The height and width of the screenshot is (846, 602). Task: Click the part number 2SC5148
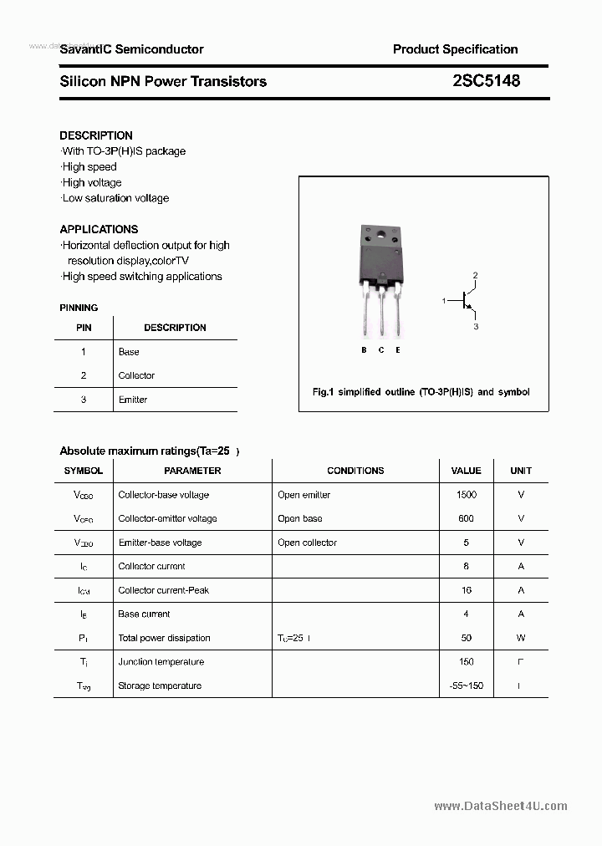click(x=486, y=81)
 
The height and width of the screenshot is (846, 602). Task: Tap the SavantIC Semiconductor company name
click(x=131, y=49)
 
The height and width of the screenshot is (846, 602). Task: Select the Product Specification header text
click(x=455, y=49)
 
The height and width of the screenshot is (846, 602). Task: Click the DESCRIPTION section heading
click(x=96, y=135)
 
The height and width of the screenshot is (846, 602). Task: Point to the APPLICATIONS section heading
click(x=99, y=229)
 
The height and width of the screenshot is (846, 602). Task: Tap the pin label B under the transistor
click(x=364, y=350)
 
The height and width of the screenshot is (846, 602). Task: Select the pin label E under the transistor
click(x=398, y=350)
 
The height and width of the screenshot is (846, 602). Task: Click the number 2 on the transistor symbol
click(x=475, y=275)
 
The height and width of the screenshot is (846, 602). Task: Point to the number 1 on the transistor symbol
click(x=444, y=300)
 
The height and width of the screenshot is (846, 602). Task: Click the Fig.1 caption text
click(x=421, y=392)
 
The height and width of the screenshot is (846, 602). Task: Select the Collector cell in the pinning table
click(x=136, y=376)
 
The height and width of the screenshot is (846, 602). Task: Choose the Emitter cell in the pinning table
click(x=133, y=400)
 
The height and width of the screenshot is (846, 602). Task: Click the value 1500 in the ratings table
click(x=467, y=495)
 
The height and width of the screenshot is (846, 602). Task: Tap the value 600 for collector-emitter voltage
click(x=466, y=518)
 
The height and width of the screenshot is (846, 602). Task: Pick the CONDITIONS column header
click(x=355, y=471)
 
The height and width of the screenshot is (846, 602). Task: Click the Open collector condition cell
click(x=307, y=543)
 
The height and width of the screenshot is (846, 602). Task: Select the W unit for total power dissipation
click(x=521, y=638)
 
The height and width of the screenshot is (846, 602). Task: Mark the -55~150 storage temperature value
click(x=467, y=685)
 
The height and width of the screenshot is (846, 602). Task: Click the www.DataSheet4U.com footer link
click(x=501, y=806)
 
